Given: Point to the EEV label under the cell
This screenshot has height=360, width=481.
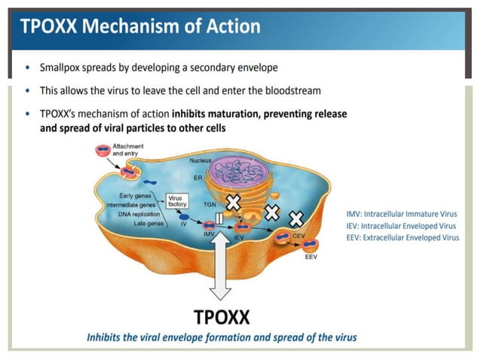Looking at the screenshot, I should (311, 257).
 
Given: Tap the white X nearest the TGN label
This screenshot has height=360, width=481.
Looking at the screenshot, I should (233, 202).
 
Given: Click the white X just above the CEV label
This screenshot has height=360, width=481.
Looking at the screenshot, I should (297, 218).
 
